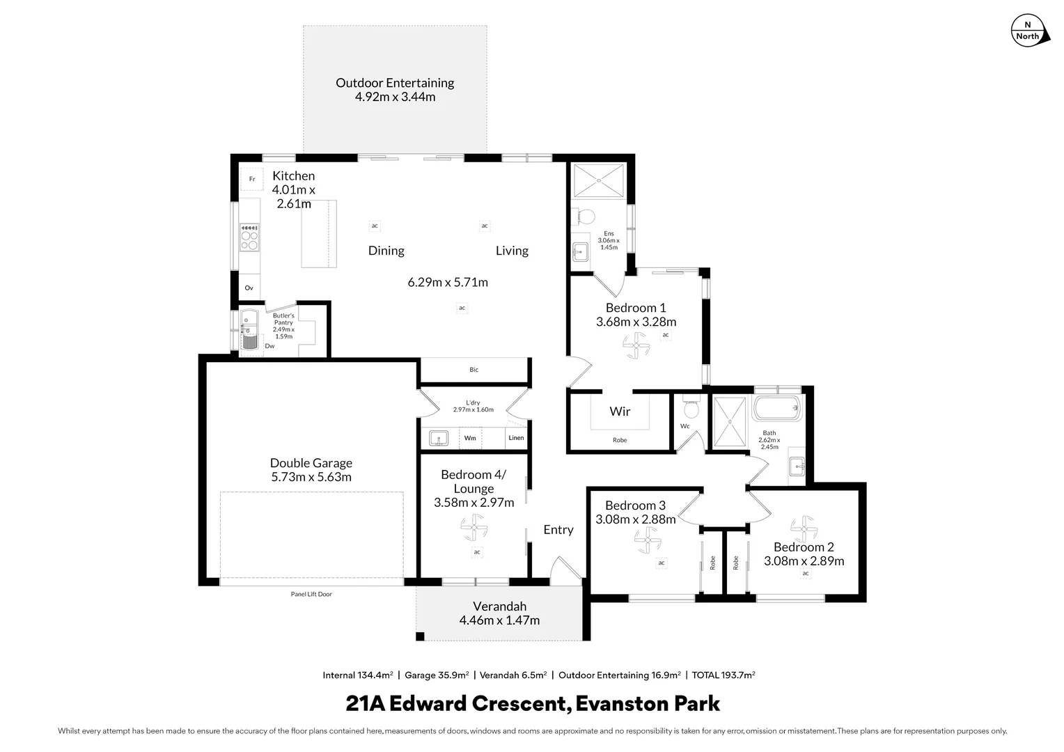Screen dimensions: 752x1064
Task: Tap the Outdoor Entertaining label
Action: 395,83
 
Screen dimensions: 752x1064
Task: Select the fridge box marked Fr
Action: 252,179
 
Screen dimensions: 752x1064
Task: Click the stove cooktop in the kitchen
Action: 249,237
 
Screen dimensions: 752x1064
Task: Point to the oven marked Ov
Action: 249,288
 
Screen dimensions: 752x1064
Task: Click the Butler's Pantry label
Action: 283,319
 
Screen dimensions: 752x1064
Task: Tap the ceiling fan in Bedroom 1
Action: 635,345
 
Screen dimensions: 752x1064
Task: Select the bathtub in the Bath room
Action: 778,408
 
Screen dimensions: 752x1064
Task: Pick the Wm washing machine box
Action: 471,438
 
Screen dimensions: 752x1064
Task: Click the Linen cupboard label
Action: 516,438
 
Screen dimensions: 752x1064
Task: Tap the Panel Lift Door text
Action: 311,594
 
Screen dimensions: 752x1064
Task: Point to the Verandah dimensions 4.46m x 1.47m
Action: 499,620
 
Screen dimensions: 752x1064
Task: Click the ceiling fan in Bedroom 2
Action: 803,529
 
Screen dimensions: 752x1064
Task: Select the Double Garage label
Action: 311,463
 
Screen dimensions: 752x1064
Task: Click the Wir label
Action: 620,412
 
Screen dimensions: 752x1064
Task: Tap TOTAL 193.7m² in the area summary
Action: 723,675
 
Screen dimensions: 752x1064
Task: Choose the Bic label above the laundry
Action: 474,370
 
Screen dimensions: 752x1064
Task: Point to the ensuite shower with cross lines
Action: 598,179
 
